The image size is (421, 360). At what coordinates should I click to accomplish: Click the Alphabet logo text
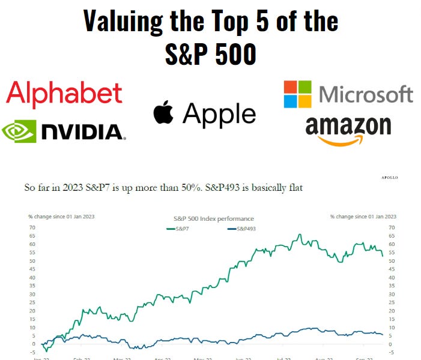pos(64,93)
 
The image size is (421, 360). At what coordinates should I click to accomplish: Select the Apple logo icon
pos(164,113)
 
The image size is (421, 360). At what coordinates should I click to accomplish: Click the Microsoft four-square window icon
pos(298,94)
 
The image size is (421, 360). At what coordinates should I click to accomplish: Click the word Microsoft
pos(366,94)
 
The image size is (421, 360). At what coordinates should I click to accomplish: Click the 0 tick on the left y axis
pos(34,344)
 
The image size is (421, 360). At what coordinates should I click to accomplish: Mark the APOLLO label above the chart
pos(389,178)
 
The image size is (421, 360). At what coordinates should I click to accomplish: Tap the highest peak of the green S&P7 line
pos(300,234)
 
